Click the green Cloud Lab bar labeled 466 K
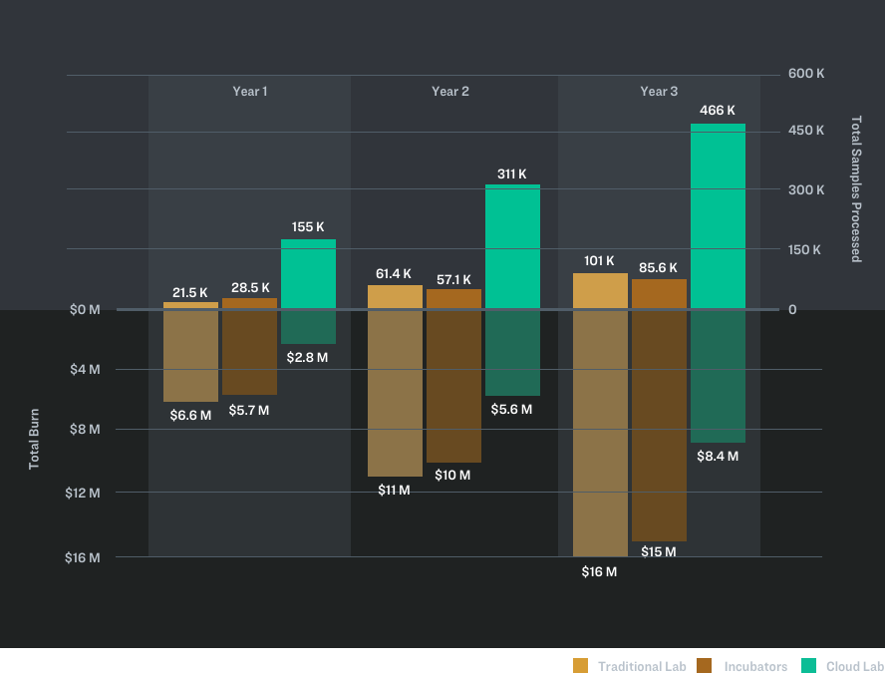coord(718,215)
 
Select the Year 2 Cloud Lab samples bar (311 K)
coord(512,246)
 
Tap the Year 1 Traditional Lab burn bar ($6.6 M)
coord(190,356)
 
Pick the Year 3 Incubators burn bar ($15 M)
coord(659,426)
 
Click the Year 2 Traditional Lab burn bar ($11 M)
coord(395,393)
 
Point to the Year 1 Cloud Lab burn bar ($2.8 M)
coord(308,327)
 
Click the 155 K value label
coord(308,227)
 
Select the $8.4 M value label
coord(718,457)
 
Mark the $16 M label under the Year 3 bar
coord(599,572)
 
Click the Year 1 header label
coord(250,92)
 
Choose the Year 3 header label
coord(659,92)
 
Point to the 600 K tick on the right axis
coord(805,74)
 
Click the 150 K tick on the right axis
coord(804,250)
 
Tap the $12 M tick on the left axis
coord(83,493)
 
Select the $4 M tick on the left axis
coord(85,370)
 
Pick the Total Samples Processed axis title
coord(855,188)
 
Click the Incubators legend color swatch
coord(705,666)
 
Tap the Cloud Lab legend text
coord(855,666)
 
